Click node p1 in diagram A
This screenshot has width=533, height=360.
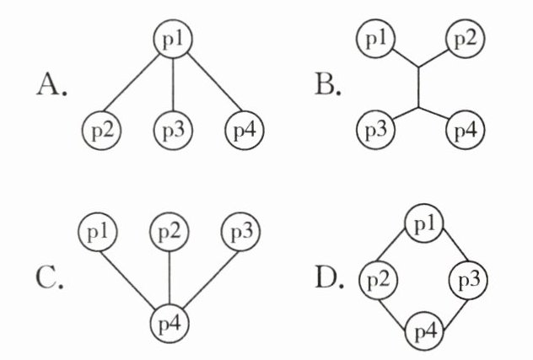tap(172, 39)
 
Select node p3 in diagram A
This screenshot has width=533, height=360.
tap(172, 131)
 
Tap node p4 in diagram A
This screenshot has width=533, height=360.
tap(243, 131)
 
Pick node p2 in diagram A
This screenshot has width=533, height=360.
tap(103, 131)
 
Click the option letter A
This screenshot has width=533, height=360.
tap(52, 85)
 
